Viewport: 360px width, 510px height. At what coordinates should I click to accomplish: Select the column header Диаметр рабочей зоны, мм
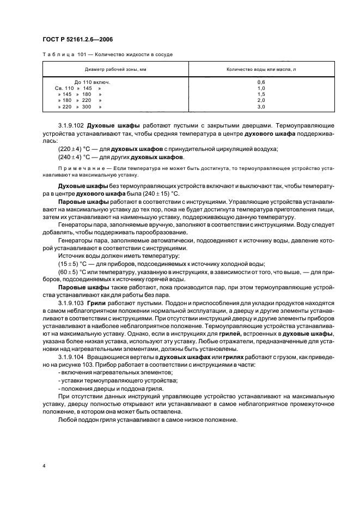coord(115,70)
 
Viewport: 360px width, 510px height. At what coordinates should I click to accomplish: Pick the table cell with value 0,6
coord(261,82)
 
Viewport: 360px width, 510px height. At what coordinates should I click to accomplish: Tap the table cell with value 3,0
coord(261,107)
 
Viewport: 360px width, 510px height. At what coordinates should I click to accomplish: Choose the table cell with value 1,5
coord(261,95)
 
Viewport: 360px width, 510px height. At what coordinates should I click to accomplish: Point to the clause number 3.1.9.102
coord(71,125)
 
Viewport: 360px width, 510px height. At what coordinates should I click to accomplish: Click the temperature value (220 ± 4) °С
coord(75,149)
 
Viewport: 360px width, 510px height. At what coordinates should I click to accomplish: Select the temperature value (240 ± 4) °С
coord(75,157)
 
